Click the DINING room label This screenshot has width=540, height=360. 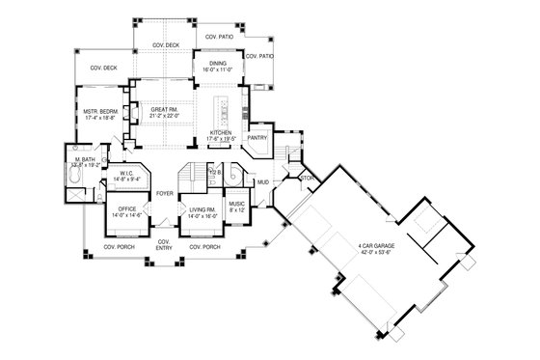point(217,65)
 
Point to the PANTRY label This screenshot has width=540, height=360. point(256,138)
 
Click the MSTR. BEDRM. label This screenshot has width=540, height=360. point(101,112)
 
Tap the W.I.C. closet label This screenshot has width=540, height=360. point(127,174)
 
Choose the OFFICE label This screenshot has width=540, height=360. point(127,208)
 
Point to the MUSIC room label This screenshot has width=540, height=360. point(237,204)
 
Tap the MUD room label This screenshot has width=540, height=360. point(261,180)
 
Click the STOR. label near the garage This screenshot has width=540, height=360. point(308,178)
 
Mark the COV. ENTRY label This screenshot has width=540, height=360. point(165,243)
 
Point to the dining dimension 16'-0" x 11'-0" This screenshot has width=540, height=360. point(217,71)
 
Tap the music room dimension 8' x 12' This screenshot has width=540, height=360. point(237,210)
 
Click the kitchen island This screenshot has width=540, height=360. point(222,106)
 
